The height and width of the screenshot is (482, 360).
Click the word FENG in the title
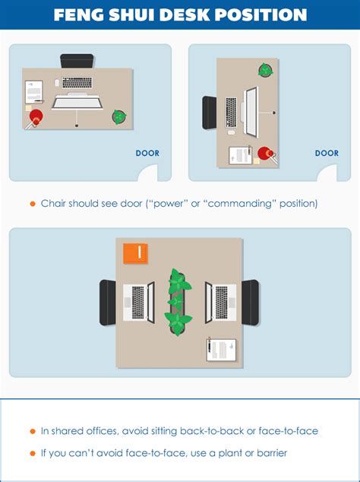point(83,15)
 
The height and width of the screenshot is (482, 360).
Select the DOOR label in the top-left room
point(147,153)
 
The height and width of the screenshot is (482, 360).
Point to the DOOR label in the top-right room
point(327,153)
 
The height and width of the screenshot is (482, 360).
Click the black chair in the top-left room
point(77,61)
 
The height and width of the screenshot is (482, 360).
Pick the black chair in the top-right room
point(210,113)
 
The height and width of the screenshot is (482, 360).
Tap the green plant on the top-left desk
point(119,117)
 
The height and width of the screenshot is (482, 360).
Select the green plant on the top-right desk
point(265,71)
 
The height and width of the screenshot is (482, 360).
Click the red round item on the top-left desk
point(36,116)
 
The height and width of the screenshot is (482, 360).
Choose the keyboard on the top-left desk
point(77,82)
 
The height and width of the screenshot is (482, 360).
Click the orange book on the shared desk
point(135,254)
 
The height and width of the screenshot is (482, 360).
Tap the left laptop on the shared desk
point(139,302)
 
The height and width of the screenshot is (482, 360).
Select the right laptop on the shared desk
point(221,302)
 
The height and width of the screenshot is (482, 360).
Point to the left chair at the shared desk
point(108,302)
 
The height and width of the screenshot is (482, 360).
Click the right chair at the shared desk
point(250,302)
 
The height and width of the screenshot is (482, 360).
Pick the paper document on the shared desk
point(221,349)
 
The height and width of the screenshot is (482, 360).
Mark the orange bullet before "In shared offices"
point(32,431)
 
